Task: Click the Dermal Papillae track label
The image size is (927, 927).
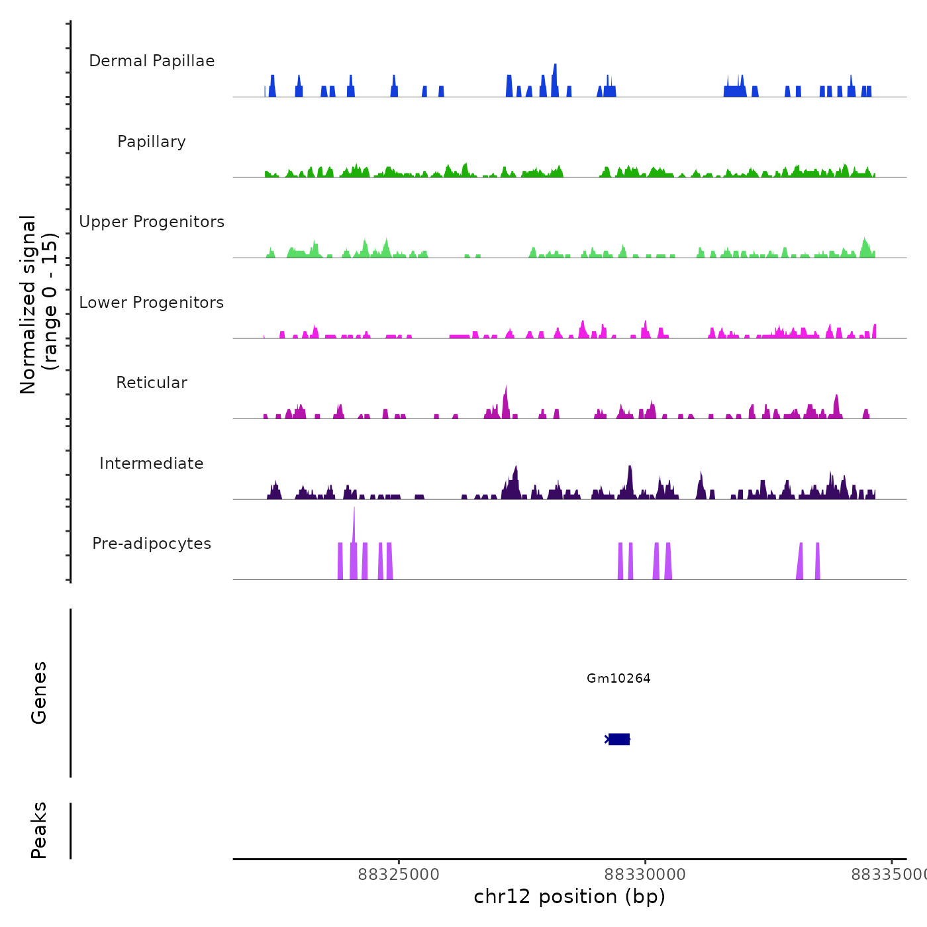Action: [x=152, y=61]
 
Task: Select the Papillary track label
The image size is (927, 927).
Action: [x=152, y=142]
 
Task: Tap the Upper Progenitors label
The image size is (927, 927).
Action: [x=152, y=222]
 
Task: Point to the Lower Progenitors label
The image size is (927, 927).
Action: [x=152, y=303]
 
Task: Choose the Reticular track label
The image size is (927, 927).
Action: [x=152, y=383]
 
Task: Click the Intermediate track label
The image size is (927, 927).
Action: [x=152, y=463]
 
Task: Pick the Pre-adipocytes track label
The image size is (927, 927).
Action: [x=152, y=544]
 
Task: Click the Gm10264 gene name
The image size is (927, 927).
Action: [x=618, y=678]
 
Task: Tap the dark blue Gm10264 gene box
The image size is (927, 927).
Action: [x=619, y=739]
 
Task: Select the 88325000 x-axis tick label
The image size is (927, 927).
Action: [x=399, y=875]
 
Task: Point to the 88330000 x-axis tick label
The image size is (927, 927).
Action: [x=645, y=875]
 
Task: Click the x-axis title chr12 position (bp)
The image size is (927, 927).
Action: [x=569, y=897]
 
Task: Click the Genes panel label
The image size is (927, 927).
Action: [x=39, y=693]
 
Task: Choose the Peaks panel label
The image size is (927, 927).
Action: [x=39, y=830]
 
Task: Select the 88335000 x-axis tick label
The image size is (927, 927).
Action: [x=889, y=875]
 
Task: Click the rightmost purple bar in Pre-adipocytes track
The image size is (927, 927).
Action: [x=818, y=561]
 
